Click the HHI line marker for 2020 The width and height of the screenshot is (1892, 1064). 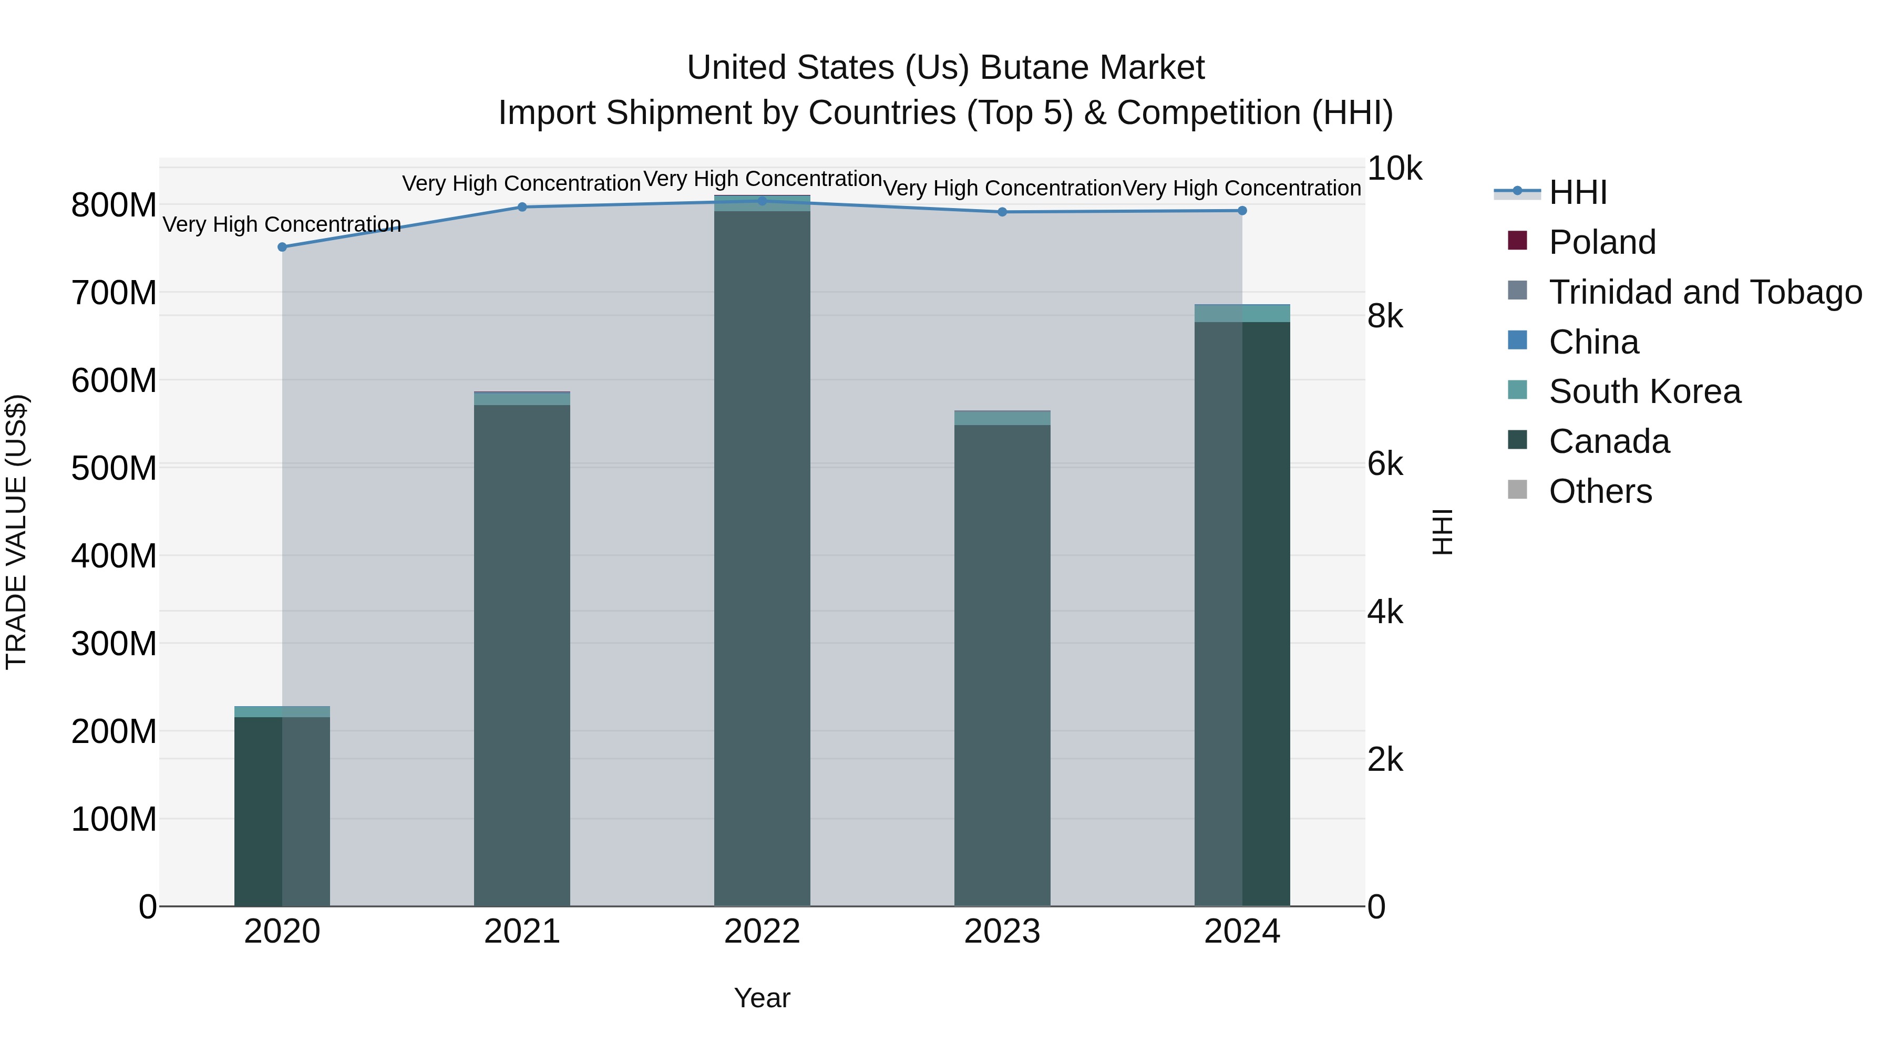(282, 247)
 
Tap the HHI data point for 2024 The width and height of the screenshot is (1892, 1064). (1242, 211)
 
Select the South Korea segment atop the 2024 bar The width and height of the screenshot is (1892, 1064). (1242, 314)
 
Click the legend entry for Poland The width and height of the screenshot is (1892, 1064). (1602, 242)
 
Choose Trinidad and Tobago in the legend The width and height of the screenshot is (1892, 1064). (1705, 292)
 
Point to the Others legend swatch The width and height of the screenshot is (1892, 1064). (1517, 490)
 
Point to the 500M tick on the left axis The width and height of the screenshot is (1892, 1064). (114, 468)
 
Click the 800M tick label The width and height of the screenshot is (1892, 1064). (114, 205)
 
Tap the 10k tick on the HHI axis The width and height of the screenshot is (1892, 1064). (1394, 169)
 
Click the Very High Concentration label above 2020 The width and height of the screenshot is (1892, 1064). (282, 224)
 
